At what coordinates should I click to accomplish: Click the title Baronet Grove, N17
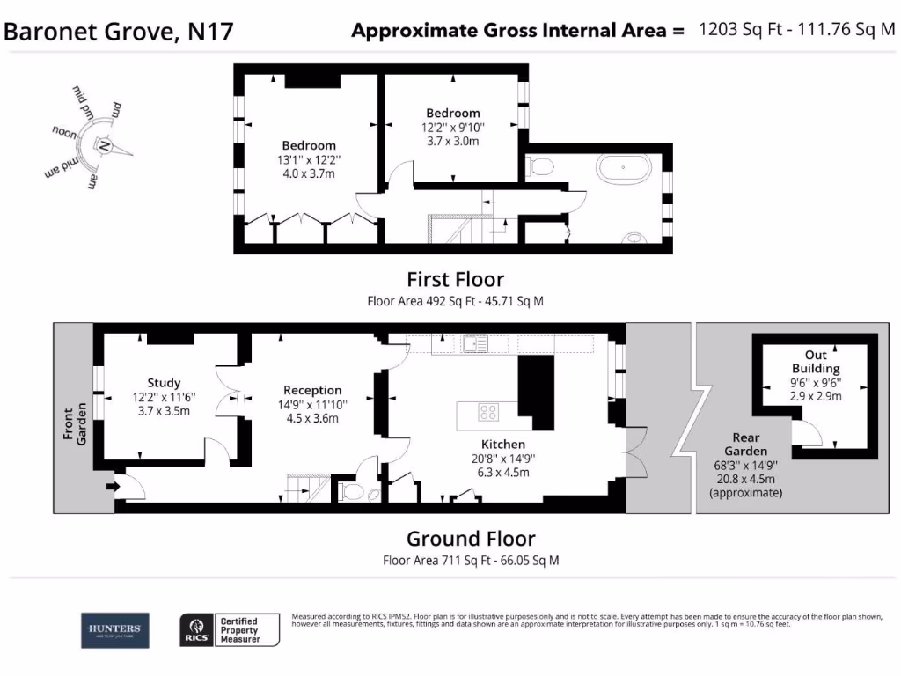(x=119, y=32)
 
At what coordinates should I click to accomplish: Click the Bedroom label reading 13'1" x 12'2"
(x=309, y=159)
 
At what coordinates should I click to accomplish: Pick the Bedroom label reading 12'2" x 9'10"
(x=453, y=127)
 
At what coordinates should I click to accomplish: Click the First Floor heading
(x=455, y=280)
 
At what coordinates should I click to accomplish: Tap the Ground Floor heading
(x=470, y=539)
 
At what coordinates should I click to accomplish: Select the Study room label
(x=164, y=396)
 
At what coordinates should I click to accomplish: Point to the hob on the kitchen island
(x=489, y=411)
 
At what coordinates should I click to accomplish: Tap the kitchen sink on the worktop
(x=476, y=343)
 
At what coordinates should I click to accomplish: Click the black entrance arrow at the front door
(x=113, y=484)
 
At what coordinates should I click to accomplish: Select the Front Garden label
(x=75, y=424)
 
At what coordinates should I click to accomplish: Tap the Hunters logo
(x=114, y=629)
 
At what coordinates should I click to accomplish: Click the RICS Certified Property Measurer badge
(x=230, y=630)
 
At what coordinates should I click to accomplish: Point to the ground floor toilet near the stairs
(x=352, y=490)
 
